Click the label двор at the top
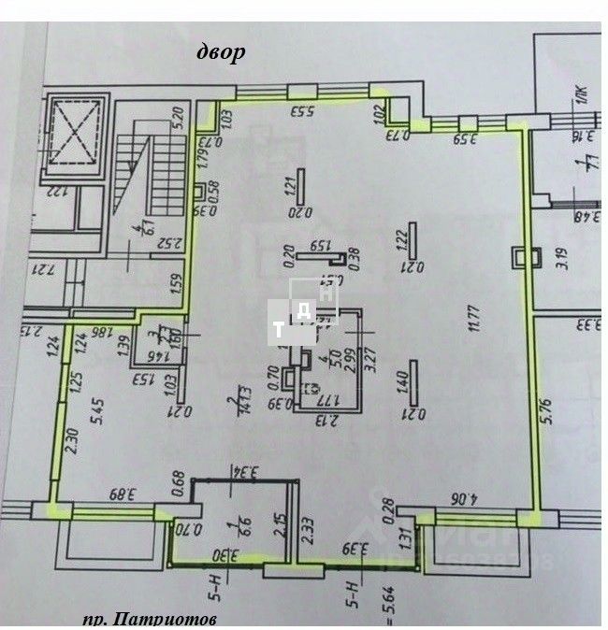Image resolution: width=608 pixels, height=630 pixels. click(x=221, y=51)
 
